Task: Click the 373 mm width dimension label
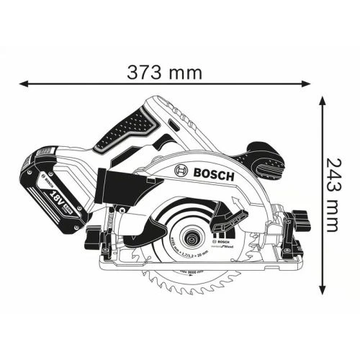tap(163, 72)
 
